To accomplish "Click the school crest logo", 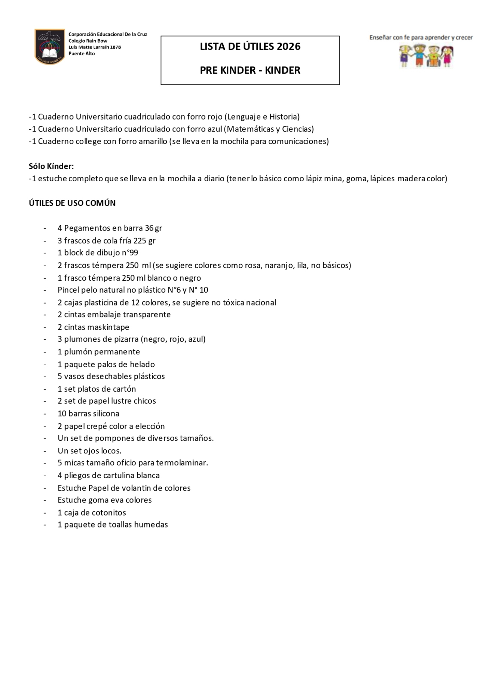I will click(50, 46).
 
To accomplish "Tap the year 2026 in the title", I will click(288, 46).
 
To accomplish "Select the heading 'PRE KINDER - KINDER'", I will click(250, 70).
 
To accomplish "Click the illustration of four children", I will click(426, 56).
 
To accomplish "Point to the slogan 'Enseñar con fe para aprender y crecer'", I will click(421, 37).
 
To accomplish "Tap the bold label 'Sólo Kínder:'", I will click(51, 166).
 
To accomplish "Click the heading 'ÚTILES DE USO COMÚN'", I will click(72, 203).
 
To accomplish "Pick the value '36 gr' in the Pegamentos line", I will click(153, 228).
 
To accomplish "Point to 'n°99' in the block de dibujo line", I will click(129, 253).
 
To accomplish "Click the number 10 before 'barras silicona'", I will click(62, 413).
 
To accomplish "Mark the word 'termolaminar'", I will click(181, 463).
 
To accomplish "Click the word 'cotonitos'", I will click(109, 513).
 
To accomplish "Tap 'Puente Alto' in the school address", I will click(82, 53).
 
